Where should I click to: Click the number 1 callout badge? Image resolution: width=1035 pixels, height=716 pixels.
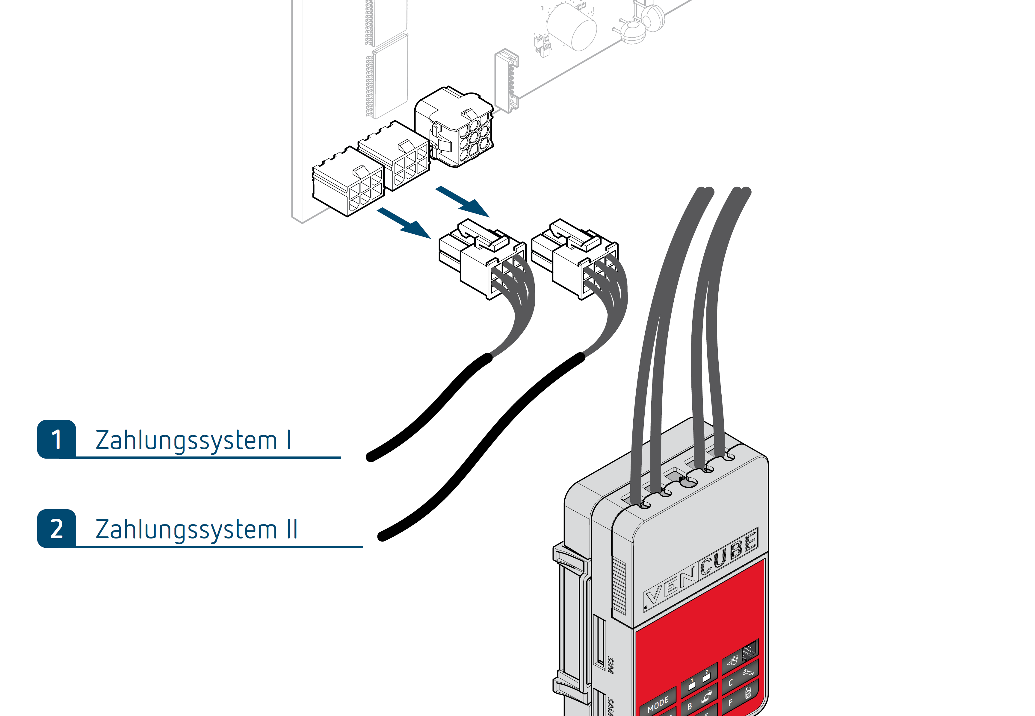tap(57, 439)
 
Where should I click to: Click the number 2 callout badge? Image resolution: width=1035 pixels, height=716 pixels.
tap(57, 529)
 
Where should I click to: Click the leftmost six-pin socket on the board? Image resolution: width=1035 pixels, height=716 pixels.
tap(348, 182)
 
